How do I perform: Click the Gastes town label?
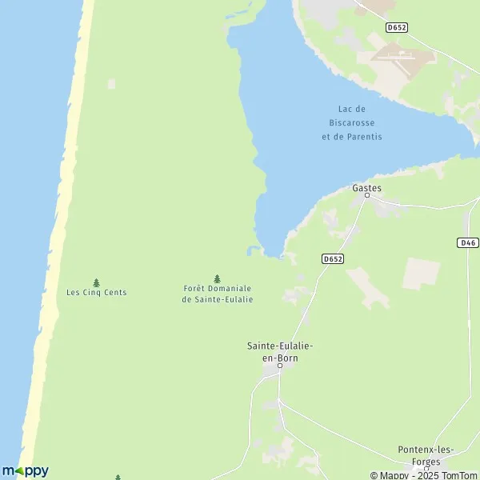pos(367,188)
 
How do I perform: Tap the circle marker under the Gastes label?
pos(367,195)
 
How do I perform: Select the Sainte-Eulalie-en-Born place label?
pos(279,351)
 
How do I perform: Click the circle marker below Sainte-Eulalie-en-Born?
pos(280,366)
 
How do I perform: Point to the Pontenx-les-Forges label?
pos(425,455)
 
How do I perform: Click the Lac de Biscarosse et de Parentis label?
pos(352,122)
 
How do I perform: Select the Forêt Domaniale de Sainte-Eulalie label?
pos(217,294)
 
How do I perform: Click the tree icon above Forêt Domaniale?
pos(217,278)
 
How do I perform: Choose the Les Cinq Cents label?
pos(96,292)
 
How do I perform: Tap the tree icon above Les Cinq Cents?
pos(96,282)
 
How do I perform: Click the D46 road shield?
pos(468,242)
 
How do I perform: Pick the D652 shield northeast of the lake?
pos(396,26)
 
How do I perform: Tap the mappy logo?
pos(25,471)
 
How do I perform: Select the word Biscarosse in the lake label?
pos(352,122)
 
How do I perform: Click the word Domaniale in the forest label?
pos(233,288)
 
